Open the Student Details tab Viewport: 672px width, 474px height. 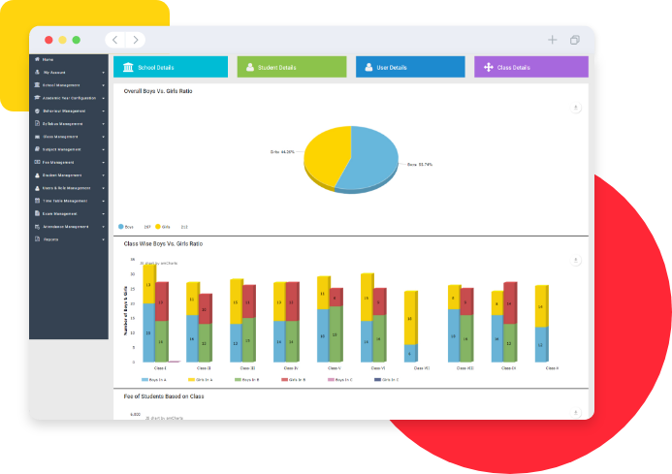[291, 67]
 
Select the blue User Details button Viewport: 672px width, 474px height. [410, 67]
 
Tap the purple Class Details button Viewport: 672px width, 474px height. [530, 67]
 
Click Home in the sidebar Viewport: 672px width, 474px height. [48, 60]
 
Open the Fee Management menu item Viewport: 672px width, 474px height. [59, 162]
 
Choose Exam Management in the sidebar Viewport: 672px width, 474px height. [59, 213]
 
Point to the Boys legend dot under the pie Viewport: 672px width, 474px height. [121, 226]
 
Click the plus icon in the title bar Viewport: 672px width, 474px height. [552, 40]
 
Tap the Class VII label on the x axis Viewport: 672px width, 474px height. [410, 368]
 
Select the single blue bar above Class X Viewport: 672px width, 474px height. [541, 343]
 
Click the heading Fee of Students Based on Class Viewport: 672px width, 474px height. [164, 396]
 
